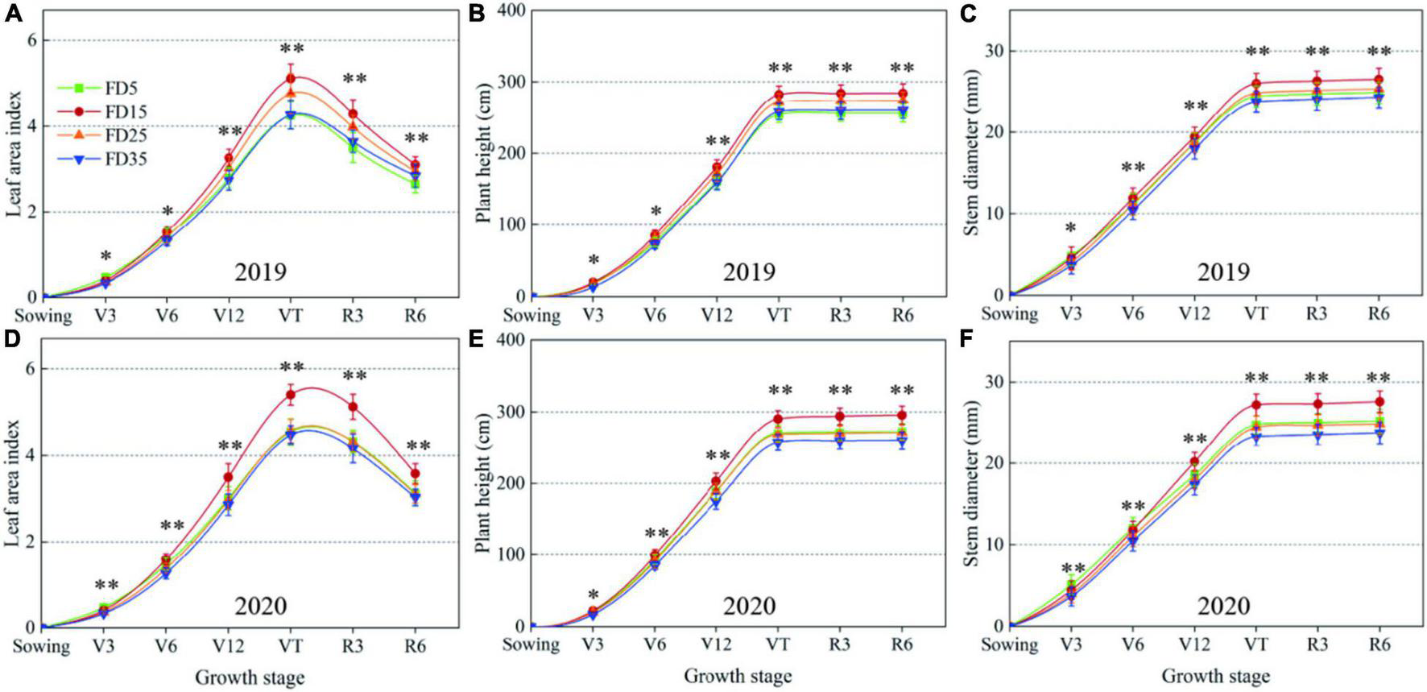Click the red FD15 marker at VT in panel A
(291, 78)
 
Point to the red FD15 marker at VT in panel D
(291, 395)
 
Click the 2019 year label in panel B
(748, 271)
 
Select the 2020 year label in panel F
(1222, 606)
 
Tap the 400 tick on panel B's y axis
(512, 11)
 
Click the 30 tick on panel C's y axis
(995, 51)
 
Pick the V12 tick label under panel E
(715, 644)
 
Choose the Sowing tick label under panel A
(42, 315)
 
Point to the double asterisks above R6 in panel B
(902, 68)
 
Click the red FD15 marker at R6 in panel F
(1379, 401)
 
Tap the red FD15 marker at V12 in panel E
(715, 482)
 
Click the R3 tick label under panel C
(1316, 313)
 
